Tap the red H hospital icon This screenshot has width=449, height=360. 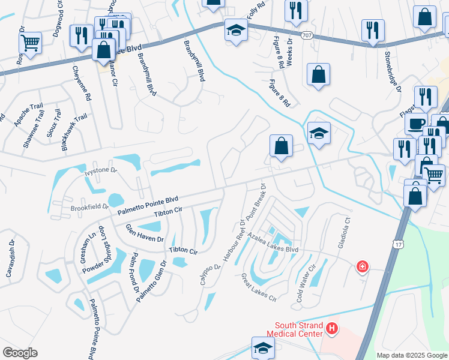(331, 328)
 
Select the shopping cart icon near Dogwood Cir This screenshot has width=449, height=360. (29, 42)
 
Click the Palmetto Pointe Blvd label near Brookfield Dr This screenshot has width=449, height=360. (148, 205)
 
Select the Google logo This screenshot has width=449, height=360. (20, 353)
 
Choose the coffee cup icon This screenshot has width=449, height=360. (415, 124)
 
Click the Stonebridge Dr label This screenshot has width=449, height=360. (393, 71)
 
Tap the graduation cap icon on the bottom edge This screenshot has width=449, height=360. (262, 348)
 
